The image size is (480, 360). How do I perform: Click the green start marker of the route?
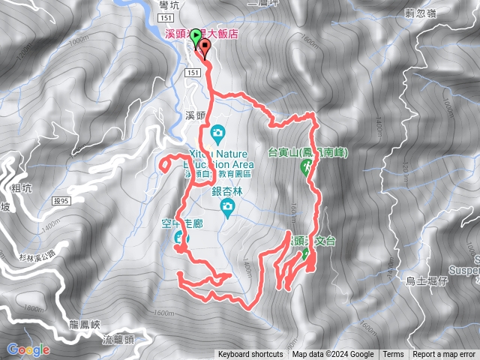click(x=196, y=35)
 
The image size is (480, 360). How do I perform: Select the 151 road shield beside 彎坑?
click(x=166, y=16)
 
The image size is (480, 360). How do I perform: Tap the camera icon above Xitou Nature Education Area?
click(x=217, y=133)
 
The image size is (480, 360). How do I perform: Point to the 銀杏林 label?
click(x=227, y=191)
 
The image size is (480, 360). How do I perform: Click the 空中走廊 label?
click(x=181, y=223)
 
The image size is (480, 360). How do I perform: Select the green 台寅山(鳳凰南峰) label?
click(x=308, y=152)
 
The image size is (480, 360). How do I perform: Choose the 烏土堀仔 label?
click(x=426, y=281)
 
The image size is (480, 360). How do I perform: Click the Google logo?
click(x=28, y=349)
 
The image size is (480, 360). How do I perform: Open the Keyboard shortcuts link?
click(x=250, y=355)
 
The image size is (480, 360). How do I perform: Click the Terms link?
click(x=393, y=355)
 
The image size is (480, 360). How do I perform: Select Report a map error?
click(x=444, y=355)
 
